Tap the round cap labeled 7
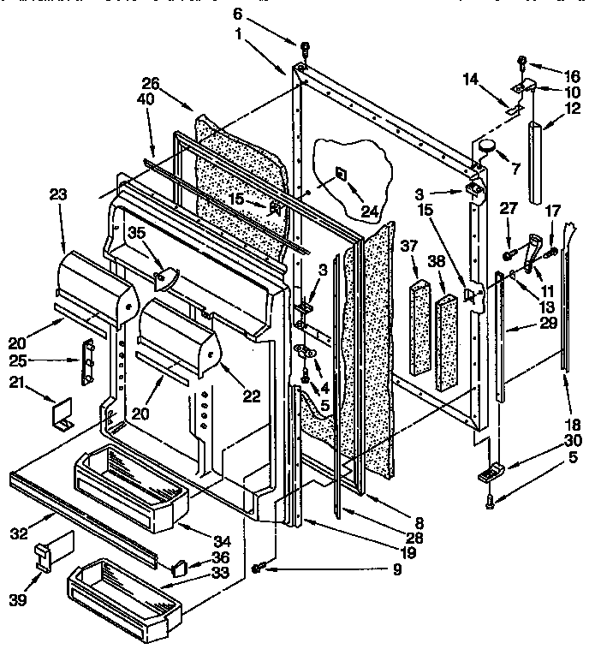(487, 146)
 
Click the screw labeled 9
(257, 569)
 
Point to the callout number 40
(151, 98)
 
